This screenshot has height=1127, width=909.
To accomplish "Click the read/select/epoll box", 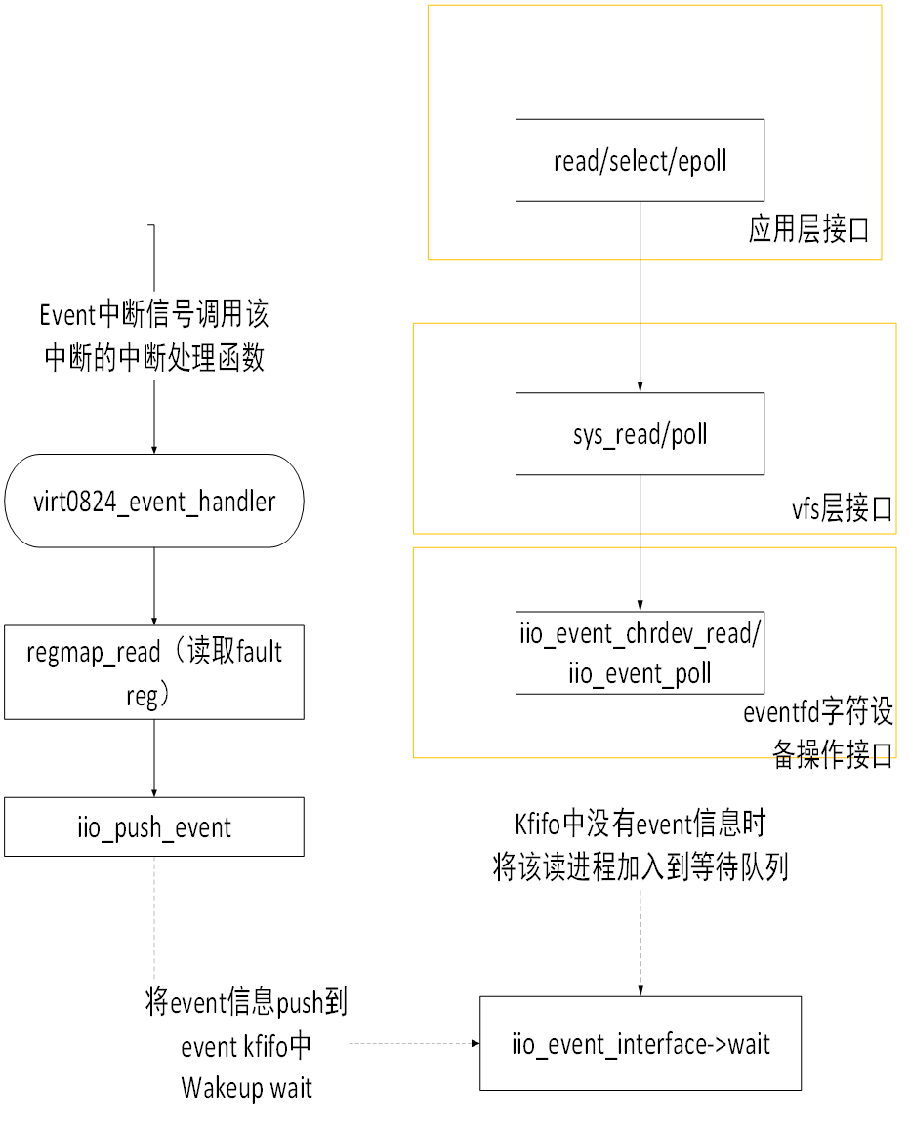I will tap(640, 161).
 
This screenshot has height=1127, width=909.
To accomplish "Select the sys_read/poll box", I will tap(640, 434).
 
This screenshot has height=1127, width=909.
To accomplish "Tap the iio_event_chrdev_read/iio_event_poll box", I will tap(640, 653).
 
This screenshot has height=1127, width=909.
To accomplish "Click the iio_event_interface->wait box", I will tap(640, 1043).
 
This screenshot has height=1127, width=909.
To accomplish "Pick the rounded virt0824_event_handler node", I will tap(153, 502).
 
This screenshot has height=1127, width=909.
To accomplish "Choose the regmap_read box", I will tap(153, 672).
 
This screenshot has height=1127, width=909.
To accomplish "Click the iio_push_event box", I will tap(153, 827).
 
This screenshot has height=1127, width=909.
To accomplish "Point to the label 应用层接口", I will tap(808, 230).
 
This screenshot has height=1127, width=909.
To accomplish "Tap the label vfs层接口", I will tap(842, 509).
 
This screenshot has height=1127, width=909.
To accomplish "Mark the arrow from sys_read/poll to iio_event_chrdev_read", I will tap(640, 543).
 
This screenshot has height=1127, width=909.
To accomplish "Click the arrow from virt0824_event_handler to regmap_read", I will tap(153, 586).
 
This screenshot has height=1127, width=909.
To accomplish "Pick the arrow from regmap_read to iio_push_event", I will tap(153, 758).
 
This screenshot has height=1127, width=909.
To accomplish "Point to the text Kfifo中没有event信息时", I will tap(640, 824).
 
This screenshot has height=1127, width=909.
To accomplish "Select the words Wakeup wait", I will tap(246, 1088).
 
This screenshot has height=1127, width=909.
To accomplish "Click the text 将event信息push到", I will tap(246, 1003).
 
